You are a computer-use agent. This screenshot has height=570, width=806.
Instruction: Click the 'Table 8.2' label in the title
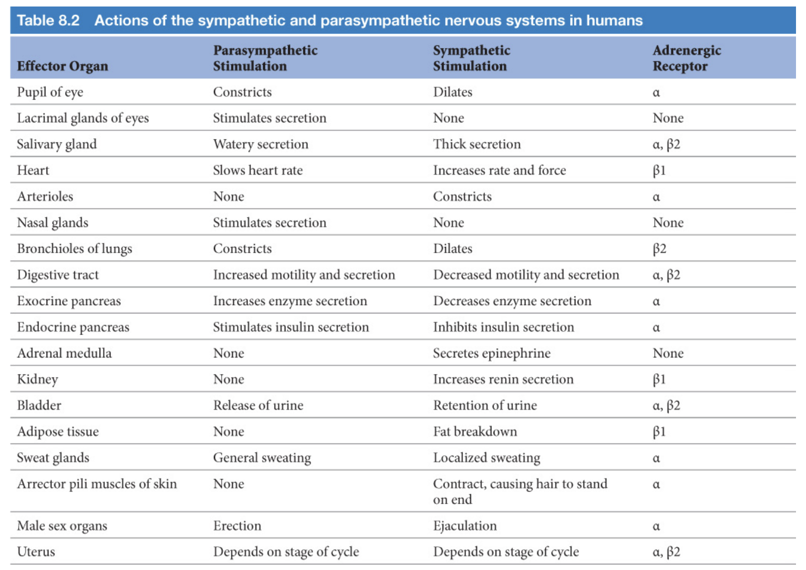(48, 20)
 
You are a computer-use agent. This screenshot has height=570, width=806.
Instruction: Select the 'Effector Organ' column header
(62, 66)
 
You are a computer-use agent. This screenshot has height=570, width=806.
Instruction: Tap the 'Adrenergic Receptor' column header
(686, 58)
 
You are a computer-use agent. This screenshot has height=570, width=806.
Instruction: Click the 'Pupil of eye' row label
(50, 92)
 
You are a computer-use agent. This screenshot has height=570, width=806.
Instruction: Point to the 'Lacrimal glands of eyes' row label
(83, 118)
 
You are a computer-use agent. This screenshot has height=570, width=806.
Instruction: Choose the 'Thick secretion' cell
(476, 144)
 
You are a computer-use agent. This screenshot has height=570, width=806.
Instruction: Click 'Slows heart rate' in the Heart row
(257, 170)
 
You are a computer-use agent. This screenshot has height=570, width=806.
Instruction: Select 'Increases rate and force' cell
(499, 170)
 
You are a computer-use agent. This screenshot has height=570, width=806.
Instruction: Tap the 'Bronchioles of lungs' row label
(74, 249)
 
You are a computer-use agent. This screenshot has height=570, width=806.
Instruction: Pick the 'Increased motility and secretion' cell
(304, 275)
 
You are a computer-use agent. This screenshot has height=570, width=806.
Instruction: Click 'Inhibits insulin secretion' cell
(503, 327)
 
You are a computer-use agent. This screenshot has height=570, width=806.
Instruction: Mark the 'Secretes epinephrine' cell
(491, 353)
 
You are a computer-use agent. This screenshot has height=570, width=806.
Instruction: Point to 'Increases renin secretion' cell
(503, 379)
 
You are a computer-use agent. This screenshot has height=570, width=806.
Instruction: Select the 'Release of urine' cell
(258, 405)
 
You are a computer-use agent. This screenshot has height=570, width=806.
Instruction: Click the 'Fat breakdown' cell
(474, 431)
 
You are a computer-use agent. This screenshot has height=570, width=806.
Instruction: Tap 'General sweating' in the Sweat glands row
(261, 458)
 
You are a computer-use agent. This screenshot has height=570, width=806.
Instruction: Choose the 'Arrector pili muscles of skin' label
(97, 484)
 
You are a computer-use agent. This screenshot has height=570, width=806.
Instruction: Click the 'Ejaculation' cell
(464, 526)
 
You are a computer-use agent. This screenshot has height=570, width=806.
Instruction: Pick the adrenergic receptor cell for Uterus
(666, 552)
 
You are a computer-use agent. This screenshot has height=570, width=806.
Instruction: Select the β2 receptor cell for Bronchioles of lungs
(659, 249)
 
